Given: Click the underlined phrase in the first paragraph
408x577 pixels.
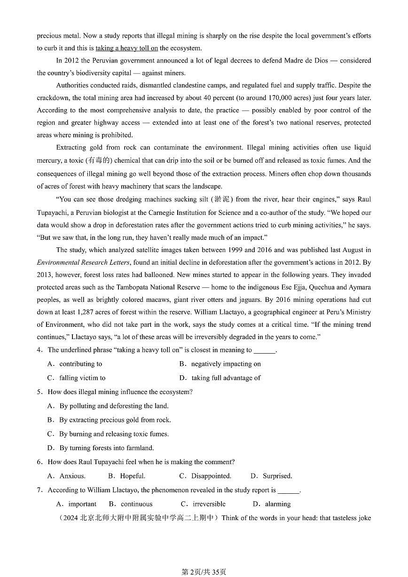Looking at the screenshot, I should (126, 48).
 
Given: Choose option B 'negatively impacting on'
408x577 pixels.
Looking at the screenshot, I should (226, 364).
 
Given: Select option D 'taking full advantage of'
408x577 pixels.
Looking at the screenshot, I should (226, 378).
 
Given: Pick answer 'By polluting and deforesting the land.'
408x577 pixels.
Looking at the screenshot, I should (114, 406).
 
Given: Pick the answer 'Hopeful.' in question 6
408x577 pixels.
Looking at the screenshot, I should (133, 476).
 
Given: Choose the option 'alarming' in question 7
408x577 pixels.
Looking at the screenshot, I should (278, 504).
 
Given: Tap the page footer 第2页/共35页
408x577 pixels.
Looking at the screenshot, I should (204, 572).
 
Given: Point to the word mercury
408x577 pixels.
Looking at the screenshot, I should (49, 161).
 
